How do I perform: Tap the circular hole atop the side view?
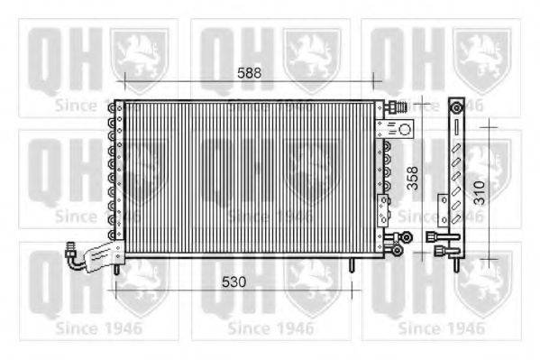coord(457,108)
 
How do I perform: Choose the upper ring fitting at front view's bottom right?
coord(407,236)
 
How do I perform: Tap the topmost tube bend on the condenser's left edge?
coord(114,107)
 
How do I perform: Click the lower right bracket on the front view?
coord(383,207)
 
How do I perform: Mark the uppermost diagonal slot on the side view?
coord(457,144)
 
